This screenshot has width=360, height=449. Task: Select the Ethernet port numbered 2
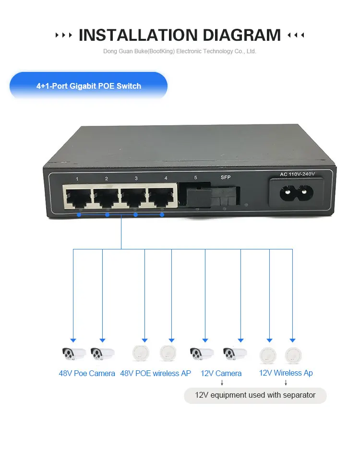pyautogui.click(x=107, y=197)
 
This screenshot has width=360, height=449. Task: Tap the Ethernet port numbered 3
pyautogui.click(x=134, y=197)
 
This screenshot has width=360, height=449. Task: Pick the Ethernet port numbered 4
pyautogui.click(x=163, y=197)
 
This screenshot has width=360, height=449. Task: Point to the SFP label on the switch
pyautogui.click(x=226, y=177)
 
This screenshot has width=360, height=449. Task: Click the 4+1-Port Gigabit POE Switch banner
pyautogui.click(x=89, y=86)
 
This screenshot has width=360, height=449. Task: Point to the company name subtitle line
pyautogui.click(x=180, y=51)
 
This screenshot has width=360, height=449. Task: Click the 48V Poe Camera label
pyautogui.click(x=87, y=373)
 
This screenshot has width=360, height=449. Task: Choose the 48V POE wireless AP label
pyautogui.click(x=156, y=373)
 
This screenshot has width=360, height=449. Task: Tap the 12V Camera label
pyautogui.click(x=221, y=373)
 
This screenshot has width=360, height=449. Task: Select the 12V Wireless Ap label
pyautogui.click(x=286, y=373)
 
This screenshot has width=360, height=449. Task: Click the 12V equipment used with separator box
pyautogui.click(x=255, y=395)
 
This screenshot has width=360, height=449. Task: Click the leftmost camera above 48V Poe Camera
pyautogui.click(x=73, y=354)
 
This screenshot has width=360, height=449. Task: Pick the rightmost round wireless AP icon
pyautogui.click(x=293, y=355)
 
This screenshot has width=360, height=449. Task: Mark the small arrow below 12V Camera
pyautogui.click(x=222, y=383)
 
